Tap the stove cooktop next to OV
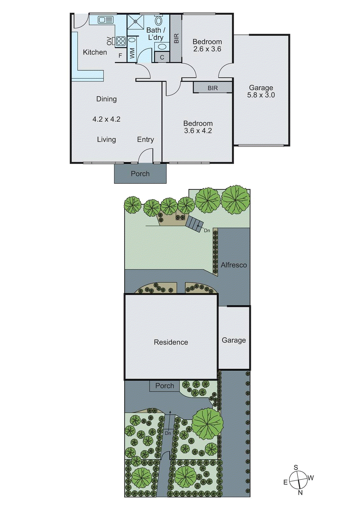[x=121, y=41]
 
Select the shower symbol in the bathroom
[x=135, y=22]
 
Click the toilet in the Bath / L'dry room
[x=159, y=21]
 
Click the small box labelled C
[x=162, y=57]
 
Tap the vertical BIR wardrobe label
[x=176, y=38]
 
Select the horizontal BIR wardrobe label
[x=213, y=88]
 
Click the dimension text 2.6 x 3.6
[x=207, y=49]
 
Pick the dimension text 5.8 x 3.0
[x=261, y=95]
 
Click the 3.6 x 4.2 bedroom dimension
[x=198, y=131]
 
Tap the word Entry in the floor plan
[x=145, y=139]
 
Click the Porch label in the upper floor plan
[x=140, y=174]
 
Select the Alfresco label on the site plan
[x=234, y=265]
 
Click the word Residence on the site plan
[x=171, y=342]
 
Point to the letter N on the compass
[x=300, y=492]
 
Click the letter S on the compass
[x=296, y=467]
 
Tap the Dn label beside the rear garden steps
[x=207, y=230]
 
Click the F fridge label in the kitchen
[x=120, y=56]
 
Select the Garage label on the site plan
[x=234, y=340]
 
